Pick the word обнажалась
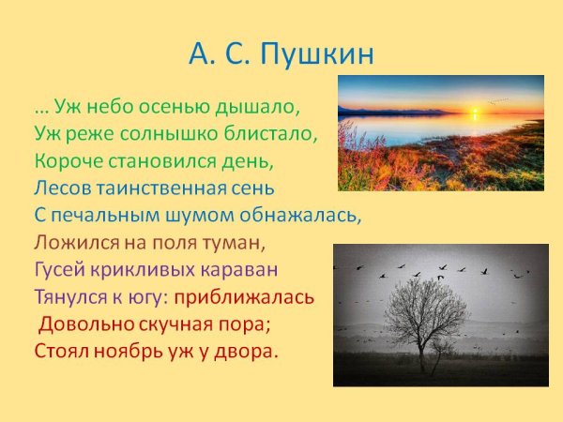pos(305,215)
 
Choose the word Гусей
pos(59,270)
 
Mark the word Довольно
pos(81,325)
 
